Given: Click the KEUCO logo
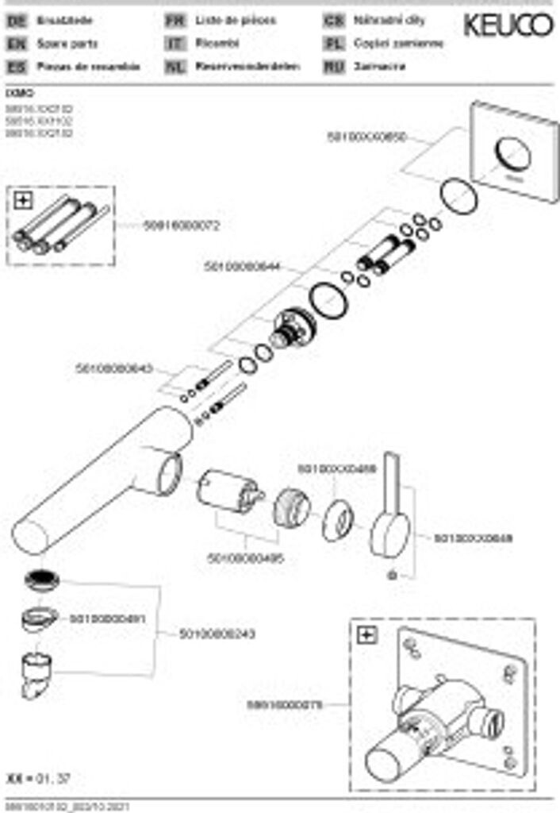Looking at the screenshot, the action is (508, 25).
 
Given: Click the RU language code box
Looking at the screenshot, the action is (334, 67).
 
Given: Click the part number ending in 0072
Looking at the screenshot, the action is (181, 225).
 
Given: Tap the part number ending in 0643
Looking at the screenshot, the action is (113, 369).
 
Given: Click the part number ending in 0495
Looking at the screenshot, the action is (245, 559).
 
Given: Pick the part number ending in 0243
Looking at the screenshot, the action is (217, 634).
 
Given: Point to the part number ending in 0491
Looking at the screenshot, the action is (107, 618).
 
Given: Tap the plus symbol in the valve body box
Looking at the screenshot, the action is (366, 634).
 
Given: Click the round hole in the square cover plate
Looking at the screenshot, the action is (512, 153).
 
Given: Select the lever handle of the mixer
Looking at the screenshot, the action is (391, 508).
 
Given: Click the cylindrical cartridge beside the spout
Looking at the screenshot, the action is (228, 491).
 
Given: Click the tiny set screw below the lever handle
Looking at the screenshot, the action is (391, 573).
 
